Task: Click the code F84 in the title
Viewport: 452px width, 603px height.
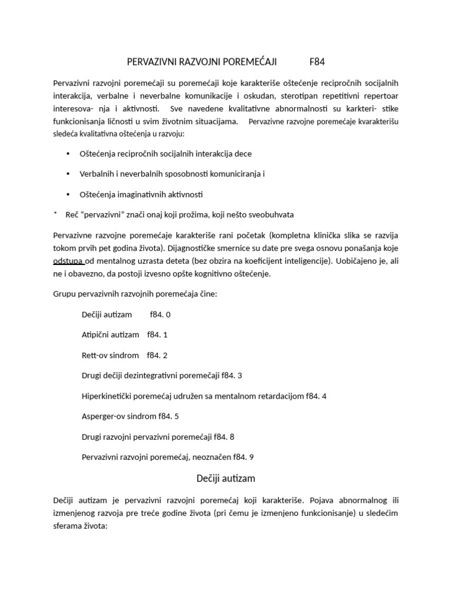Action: pos(317,61)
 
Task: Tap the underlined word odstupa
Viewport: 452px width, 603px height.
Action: pos(69,261)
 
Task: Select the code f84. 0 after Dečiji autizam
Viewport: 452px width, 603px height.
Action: pos(160,314)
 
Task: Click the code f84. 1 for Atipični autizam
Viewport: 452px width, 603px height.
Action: pos(157,334)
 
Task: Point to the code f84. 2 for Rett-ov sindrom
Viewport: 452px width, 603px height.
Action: pos(157,355)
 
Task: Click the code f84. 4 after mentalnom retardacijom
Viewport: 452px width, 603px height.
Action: pos(316,396)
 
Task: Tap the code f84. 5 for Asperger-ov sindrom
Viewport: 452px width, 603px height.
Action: pos(168,416)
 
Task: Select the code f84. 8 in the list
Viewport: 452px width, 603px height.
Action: pos(225,436)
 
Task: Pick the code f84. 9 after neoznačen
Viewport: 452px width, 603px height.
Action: pos(244,457)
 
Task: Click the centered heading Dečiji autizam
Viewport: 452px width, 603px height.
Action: pos(225,478)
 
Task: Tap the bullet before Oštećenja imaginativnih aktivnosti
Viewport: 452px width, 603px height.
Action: pos(67,194)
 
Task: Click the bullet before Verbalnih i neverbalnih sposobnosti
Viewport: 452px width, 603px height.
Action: pos(67,174)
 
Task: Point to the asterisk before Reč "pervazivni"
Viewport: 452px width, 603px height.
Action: pos(55,214)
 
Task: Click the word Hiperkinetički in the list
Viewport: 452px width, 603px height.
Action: pos(107,396)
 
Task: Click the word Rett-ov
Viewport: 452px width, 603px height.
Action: pos(93,355)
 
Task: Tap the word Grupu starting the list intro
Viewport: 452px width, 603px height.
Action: pos(64,294)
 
